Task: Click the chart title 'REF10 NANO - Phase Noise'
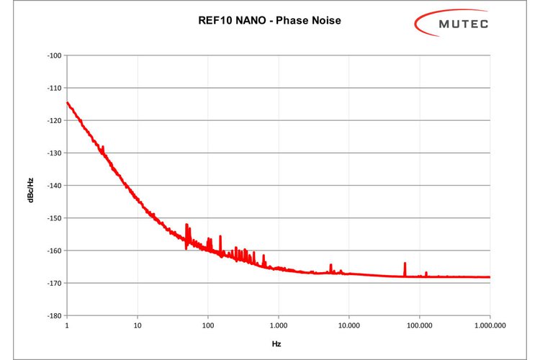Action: [270, 21]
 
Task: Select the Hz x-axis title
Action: [276, 344]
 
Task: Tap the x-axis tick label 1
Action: [67, 325]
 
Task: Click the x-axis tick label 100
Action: [207, 325]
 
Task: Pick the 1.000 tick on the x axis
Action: [278, 325]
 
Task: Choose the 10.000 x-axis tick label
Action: [348, 325]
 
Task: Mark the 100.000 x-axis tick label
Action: [419, 325]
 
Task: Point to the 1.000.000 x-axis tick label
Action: [489, 325]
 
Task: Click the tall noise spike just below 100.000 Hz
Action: [405, 268]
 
